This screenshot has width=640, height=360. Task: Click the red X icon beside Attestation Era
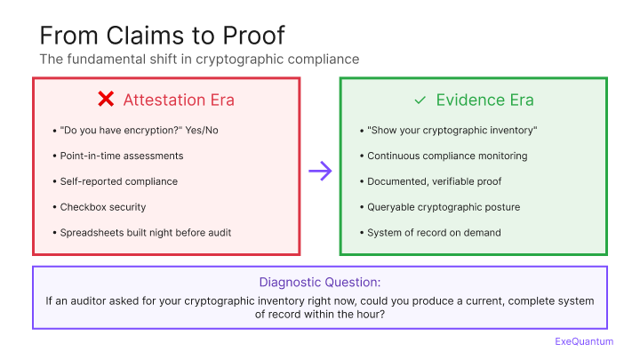pos(104,100)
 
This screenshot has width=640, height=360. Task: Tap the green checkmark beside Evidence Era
pos(420,100)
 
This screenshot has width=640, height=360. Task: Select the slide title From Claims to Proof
pos(163,36)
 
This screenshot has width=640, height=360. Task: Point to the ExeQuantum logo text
pos(584,340)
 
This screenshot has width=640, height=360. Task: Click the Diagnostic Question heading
pos(320,283)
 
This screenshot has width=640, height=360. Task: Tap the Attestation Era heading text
pos(179,100)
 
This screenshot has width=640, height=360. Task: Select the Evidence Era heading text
pos(484,100)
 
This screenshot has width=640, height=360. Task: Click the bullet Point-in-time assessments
pos(122,156)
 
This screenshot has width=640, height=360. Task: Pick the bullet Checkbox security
pos(103,207)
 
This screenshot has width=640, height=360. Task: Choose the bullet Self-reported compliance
pos(119,181)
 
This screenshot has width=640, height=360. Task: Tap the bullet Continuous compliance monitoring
pos(447,156)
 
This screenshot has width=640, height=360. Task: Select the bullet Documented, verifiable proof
pos(435,181)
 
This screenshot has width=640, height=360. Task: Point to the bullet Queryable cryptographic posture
pos(444,207)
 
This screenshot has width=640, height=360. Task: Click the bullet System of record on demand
pos(434,233)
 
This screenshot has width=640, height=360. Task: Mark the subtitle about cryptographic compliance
pos(199,60)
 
